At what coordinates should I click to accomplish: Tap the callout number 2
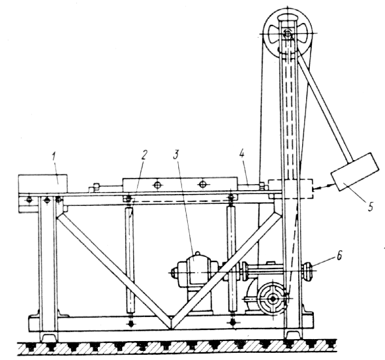point(144,155)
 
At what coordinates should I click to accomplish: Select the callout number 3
point(176,155)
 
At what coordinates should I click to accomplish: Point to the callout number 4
point(242,155)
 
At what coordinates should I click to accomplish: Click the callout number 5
point(370,206)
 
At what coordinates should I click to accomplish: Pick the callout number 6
point(339,255)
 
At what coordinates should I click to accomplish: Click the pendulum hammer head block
point(355,171)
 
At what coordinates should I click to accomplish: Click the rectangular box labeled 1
point(42,184)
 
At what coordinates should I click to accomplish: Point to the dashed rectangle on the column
point(291,189)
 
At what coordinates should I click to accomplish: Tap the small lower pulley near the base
point(273,299)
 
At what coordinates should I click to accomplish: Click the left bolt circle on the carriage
point(157,184)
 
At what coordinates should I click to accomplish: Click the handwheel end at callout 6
point(308,271)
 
